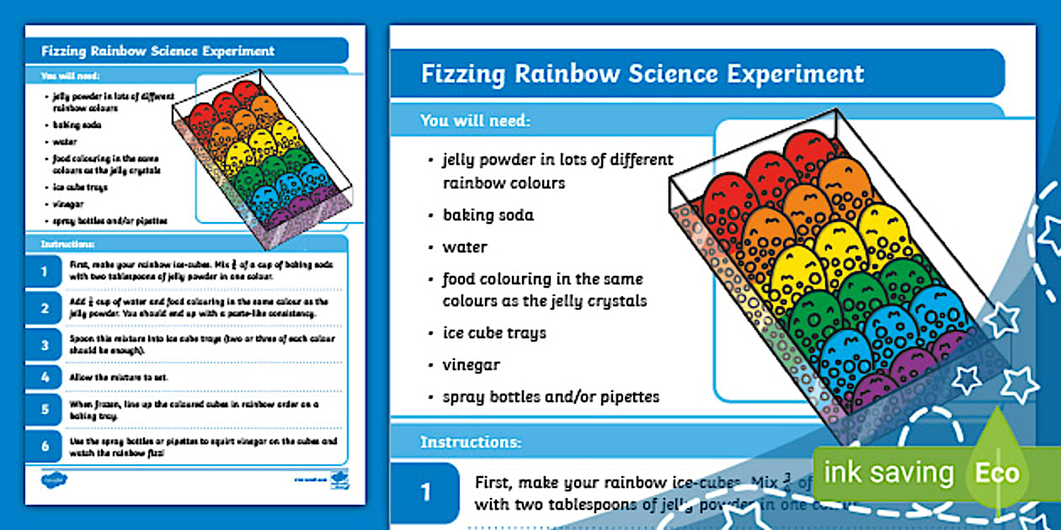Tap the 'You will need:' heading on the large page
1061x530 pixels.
[x=475, y=120]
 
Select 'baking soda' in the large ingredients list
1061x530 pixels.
[x=488, y=215]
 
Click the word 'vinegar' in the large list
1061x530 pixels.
[x=472, y=365]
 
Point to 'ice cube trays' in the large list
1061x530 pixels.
[x=494, y=332]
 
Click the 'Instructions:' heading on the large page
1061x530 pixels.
[x=471, y=441]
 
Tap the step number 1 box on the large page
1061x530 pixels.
[x=426, y=491]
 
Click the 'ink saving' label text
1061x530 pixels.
[x=888, y=473]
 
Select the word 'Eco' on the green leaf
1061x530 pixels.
[x=997, y=474]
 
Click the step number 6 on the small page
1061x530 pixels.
[x=45, y=445]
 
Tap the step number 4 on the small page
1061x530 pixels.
[x=45, y=376]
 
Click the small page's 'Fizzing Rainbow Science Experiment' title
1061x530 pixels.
[x=157, y=51]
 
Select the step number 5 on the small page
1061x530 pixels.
[x=45, y=410]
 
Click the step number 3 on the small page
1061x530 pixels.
[x=45, y=343]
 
